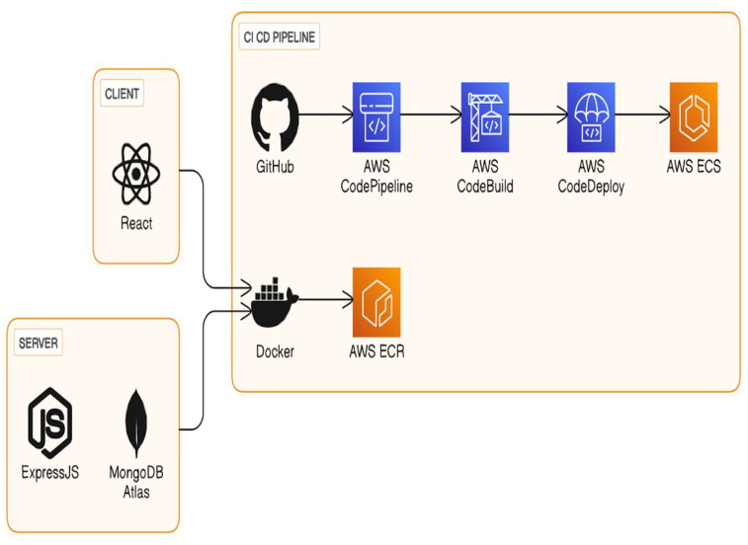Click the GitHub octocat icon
pyautogui.click(x=275, y=117)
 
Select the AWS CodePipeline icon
pyautogui.click(x=375, y=116)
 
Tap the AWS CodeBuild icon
pyautogui.click(x=484, y=116)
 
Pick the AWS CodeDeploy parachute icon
pyautogui.click(x=591, y=116)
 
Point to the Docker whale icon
pyautogui.click(x=274, y=301)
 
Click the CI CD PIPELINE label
pyautogui.click(x=281, y=38)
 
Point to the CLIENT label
pyautogui.click(x=123, y=94)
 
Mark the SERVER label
pyautogui.click(x=39, y=344)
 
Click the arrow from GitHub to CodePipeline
pyautogui.click(x=325, y=116)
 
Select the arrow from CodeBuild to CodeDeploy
pyautogui.click(x=538, y=116)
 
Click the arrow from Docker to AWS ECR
pyautogui.click(x=324, y=300)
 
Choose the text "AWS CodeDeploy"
pyautogui.click(x=591, y=175)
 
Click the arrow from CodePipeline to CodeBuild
pyautogui.click(x=430, y=116)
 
